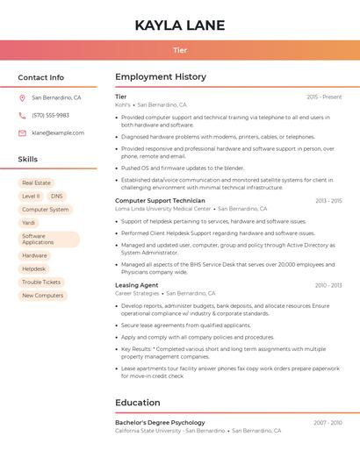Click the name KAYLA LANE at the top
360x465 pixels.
point(180,25)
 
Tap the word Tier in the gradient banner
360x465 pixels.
point(180,51)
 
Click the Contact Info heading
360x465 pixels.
point(41,77)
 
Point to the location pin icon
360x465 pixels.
point(22,98)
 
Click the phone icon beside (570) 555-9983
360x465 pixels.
point(22,115)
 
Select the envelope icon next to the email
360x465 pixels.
point(22,132)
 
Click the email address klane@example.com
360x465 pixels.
point(58,132)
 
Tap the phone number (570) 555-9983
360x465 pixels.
point(50,115)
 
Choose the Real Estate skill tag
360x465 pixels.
point(36,182)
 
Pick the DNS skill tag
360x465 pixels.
point(57,197)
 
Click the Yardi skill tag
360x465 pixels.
point(29,223)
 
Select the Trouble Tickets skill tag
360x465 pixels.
point(41,283)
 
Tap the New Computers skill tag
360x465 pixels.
point(42,296)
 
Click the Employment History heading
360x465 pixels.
point(161,77)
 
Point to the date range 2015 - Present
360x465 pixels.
point(324,97)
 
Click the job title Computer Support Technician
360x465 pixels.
point(160,201)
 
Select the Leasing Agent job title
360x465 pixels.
point(137,285)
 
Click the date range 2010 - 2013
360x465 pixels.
point(328,285)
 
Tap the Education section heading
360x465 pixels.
point(138,403)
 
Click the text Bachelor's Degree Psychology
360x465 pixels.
point(160,423)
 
